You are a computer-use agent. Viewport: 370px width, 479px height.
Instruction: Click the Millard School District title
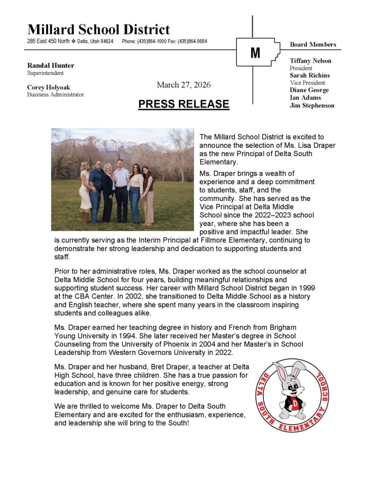99,29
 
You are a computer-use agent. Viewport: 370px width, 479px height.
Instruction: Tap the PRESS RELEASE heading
184,104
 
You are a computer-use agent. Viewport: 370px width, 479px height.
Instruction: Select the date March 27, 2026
184,85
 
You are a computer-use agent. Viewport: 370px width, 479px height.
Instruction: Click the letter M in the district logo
255,53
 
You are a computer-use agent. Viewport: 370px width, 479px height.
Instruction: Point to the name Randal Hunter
51,65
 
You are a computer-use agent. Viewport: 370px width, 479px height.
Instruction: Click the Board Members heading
313,44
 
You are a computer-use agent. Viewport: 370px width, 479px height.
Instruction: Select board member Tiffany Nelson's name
311,61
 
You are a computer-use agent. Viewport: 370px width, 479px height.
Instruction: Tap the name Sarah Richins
310,75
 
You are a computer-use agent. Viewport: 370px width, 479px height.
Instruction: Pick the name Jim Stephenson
312,105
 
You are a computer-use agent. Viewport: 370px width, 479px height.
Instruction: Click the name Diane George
309,90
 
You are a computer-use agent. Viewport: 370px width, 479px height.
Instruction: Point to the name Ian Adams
305,98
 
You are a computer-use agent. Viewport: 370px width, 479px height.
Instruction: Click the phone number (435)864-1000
151,42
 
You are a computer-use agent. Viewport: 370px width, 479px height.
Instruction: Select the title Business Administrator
56,94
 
